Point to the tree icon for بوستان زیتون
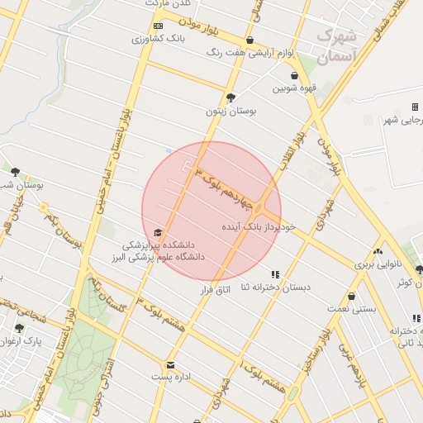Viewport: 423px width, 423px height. pos(231,97)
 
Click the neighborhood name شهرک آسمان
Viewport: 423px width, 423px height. pos(336,45)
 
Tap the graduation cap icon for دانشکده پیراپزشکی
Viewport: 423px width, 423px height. pos(158,233)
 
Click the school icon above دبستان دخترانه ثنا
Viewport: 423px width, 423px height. pos(275,274)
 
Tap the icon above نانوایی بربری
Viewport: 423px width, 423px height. pos(378,252)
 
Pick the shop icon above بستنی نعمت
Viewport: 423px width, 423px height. pos(352,296)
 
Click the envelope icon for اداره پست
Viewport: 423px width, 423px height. pos(170,364)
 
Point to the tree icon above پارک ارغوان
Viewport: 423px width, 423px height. pos(19,328)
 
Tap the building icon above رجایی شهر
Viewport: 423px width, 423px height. pos(415,107)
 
